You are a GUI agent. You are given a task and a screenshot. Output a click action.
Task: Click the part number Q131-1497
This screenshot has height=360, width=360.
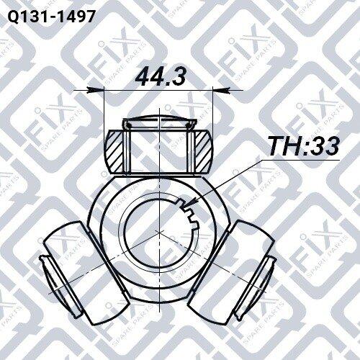(x=52, y=17)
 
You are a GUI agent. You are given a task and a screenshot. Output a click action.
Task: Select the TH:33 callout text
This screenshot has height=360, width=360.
(x=304, y=145)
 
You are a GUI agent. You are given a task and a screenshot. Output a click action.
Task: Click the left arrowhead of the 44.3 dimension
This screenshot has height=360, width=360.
(x=96, y=90)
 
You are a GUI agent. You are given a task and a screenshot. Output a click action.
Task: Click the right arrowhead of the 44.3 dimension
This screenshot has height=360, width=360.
(x=222, y=90)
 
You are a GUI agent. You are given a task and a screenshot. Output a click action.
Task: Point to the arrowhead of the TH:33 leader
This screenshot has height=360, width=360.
(x=189, y=203)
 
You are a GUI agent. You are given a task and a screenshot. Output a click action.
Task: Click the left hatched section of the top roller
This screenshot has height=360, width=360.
(x=114, y=151)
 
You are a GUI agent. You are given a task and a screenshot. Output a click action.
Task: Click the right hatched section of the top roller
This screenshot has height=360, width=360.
(x=203, y=151)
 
